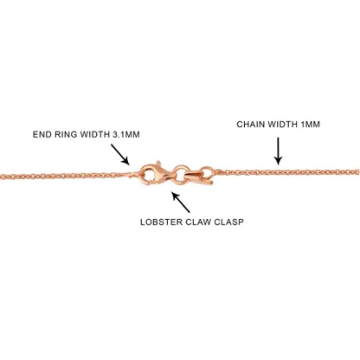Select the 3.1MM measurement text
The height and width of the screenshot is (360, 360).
click(x=126, y=134)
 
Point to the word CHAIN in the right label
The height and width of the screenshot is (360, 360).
click(x=250, y=125)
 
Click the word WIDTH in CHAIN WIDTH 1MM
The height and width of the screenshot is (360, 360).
click(x=282, y=125)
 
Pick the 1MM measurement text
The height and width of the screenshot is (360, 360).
click(x=311, y=125)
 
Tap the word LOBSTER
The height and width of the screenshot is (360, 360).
click(x=161, y=222)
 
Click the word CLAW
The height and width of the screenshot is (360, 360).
click(x=198, y=222)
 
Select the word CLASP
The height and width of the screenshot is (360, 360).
click(x=228, y=222)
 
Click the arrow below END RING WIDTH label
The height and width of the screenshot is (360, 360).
click(x=120, y=155)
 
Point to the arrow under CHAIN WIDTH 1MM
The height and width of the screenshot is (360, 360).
click(x=278, y=151)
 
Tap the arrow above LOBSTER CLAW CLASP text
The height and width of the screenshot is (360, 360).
click(x=181, y=202)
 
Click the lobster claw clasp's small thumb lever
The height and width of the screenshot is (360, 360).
click(x=157, y=164)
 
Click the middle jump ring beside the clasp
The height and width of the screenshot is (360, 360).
click(x=181, y=173)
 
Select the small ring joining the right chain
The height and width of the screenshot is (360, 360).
click(x=207, y=172)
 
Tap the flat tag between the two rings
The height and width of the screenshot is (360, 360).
click(x=198, y=177)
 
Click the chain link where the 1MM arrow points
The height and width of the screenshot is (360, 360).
click(x=278, y=172)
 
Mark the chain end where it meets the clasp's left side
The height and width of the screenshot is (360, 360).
click(x=134, y=174)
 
